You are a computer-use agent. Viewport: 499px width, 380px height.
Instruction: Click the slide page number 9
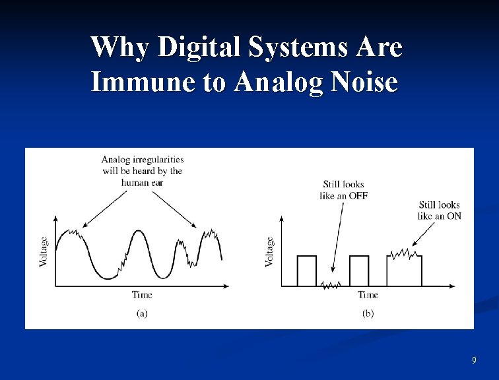pyautogui.click(x=474, y=360)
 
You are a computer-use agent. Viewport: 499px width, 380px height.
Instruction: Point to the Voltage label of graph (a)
pyautogui.click(x=44, y=251)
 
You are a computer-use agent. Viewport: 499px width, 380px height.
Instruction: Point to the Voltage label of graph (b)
pyautogui.click(x=269, y=251)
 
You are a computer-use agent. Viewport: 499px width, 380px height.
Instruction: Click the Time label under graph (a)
pyautogui.click(x=142, y=295)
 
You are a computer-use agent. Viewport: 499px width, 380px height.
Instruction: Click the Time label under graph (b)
pyautogui.click(x=368, y=295)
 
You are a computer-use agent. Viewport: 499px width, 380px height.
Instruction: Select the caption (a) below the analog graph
pyautogui.click(x=142, y=313)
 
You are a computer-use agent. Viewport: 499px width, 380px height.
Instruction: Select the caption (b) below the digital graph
pyautogui.click(x=368, y=313)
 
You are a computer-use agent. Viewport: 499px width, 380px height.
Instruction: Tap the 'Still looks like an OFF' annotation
pyautogui.click(x=343, y=190)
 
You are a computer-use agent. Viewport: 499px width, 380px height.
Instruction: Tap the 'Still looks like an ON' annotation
pyautogui.click(x=438, y=210)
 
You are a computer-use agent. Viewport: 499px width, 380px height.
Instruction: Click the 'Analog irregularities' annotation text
pyautogui.click(x=142, y=170)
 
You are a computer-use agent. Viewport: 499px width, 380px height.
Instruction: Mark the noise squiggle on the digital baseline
pyautogui.click(x=330, y=285)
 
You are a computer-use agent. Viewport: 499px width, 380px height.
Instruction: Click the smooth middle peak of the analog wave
pyautogui.click(x=138, y=232)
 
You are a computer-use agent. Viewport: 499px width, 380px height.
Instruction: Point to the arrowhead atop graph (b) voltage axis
pyautogui.click(x=282, y=218)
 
